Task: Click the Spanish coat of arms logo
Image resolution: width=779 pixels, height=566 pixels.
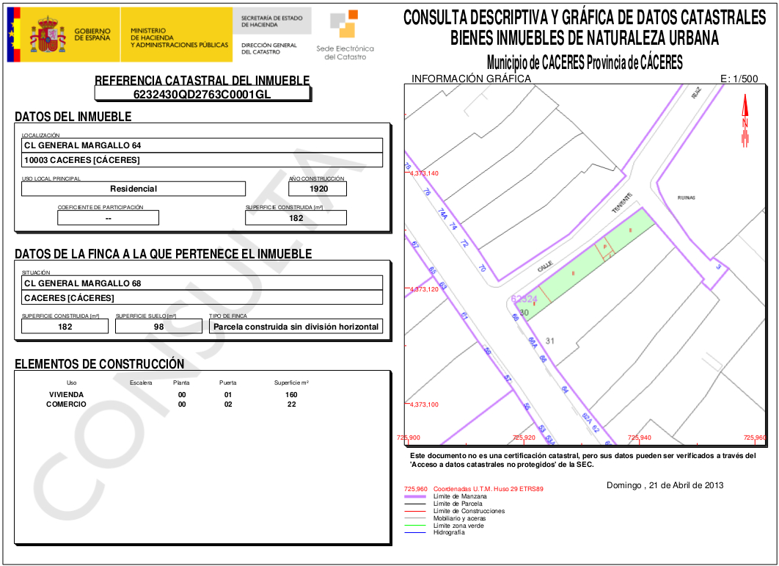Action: tap(48, 35)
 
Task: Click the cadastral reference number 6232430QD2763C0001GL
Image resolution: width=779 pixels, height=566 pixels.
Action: tap(202, 94)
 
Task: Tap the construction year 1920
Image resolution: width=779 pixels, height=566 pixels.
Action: tap(318, 189)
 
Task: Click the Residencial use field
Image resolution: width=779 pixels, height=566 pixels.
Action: tap(134, 189)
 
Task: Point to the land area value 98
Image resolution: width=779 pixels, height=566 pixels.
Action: tap(158, 326)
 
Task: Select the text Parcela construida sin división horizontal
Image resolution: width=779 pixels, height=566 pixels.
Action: tap(296, 326)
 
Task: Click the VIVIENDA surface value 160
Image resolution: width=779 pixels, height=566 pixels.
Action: tap(291, 395)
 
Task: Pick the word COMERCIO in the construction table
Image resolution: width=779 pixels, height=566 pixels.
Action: tap(67, 404)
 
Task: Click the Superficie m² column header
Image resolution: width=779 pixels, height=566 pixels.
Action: tap(291, 382)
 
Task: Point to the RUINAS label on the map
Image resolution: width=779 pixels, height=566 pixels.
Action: tap(686, 197)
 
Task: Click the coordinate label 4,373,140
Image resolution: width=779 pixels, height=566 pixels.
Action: tap(424, 173)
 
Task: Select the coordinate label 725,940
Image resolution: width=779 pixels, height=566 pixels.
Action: tap(639, 438)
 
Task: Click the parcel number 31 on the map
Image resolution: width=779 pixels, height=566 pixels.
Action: tap(550, 341)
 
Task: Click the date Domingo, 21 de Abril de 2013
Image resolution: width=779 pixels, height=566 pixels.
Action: tap(665, 485)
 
